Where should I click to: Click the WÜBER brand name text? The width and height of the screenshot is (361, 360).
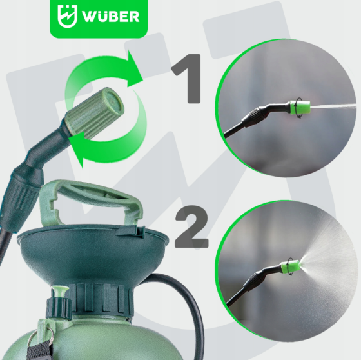[110, 17]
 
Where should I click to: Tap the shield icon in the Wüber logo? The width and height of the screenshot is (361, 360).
[66, 16]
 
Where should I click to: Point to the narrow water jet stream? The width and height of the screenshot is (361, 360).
[335, 106]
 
